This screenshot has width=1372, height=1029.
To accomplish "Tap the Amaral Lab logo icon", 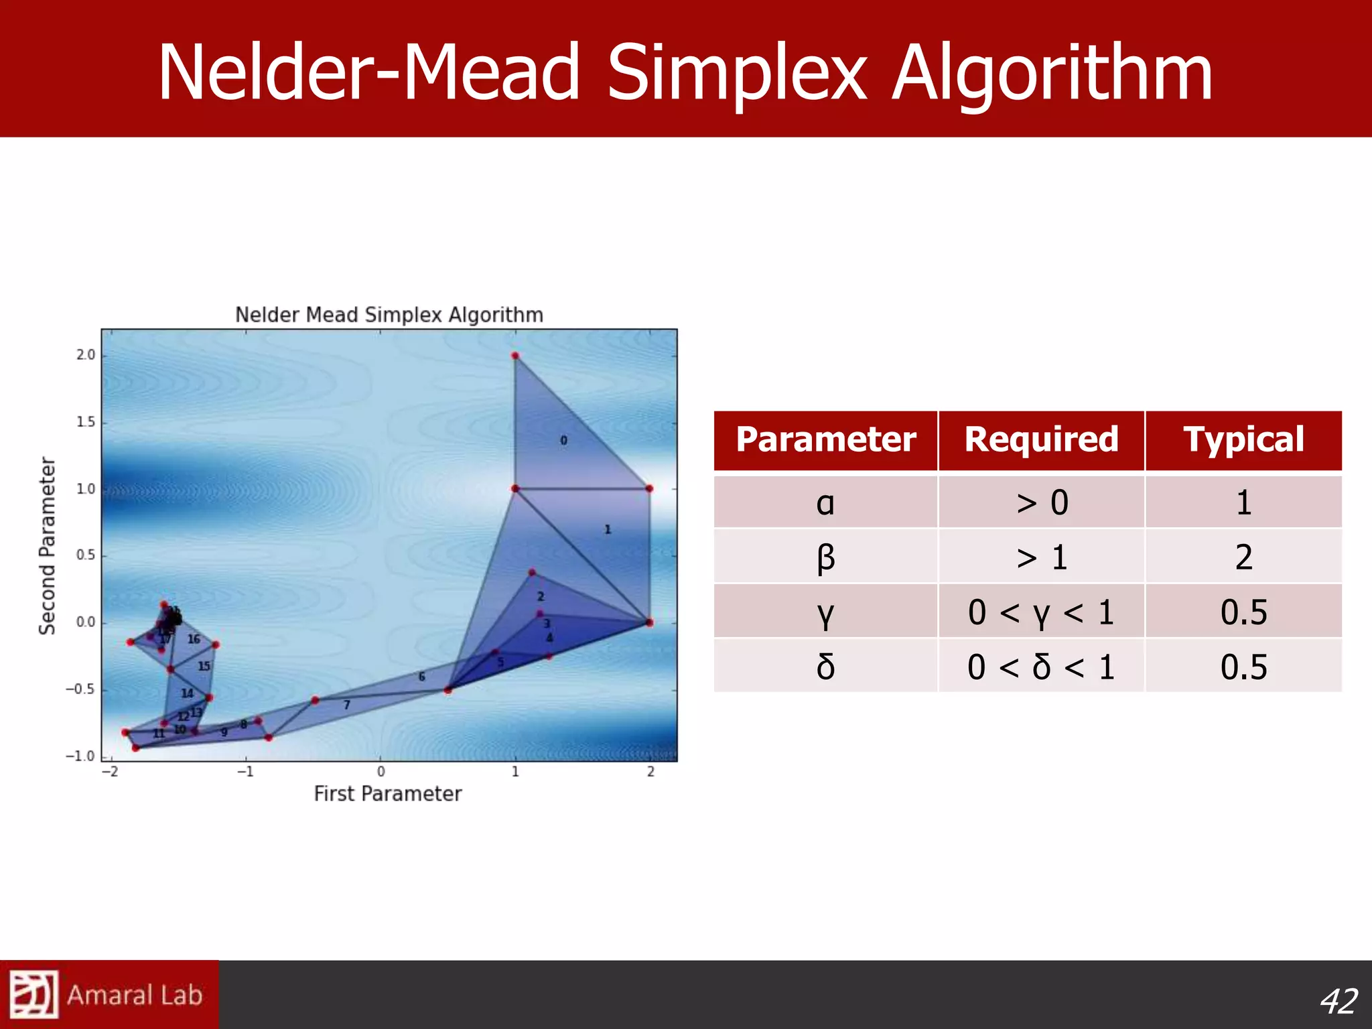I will click(33, 994).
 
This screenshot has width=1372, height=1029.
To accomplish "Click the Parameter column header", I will click(825, 440).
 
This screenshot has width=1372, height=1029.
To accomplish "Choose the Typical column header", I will click(1243, 440).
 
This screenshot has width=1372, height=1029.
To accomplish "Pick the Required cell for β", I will click(1041, 557).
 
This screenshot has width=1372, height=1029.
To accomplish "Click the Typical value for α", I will click(1243, 502).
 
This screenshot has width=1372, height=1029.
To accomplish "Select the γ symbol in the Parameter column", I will click(825, 612).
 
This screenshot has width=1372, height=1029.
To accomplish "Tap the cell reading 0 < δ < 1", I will click(1041, 667).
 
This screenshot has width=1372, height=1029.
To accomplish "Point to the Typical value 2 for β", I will click(1243, 557).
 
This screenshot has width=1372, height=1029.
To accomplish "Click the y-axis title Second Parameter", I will click(47, 545).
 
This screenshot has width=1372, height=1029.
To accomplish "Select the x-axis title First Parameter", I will click(388, 794).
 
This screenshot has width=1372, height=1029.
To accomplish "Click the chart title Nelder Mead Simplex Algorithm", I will click(389, 315).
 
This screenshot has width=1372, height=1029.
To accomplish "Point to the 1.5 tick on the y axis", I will click(85, 422).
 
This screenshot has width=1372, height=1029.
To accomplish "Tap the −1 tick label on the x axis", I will click(245, 772).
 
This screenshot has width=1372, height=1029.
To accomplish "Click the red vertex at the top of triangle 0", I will click(515, 356).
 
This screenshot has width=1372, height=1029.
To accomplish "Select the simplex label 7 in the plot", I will click(346, 705).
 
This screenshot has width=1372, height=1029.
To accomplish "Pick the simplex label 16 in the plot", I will click(194, 639).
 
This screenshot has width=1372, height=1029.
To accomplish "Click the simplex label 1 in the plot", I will click(608, 529).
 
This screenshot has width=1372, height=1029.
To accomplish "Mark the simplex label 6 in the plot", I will click(421, 677).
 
